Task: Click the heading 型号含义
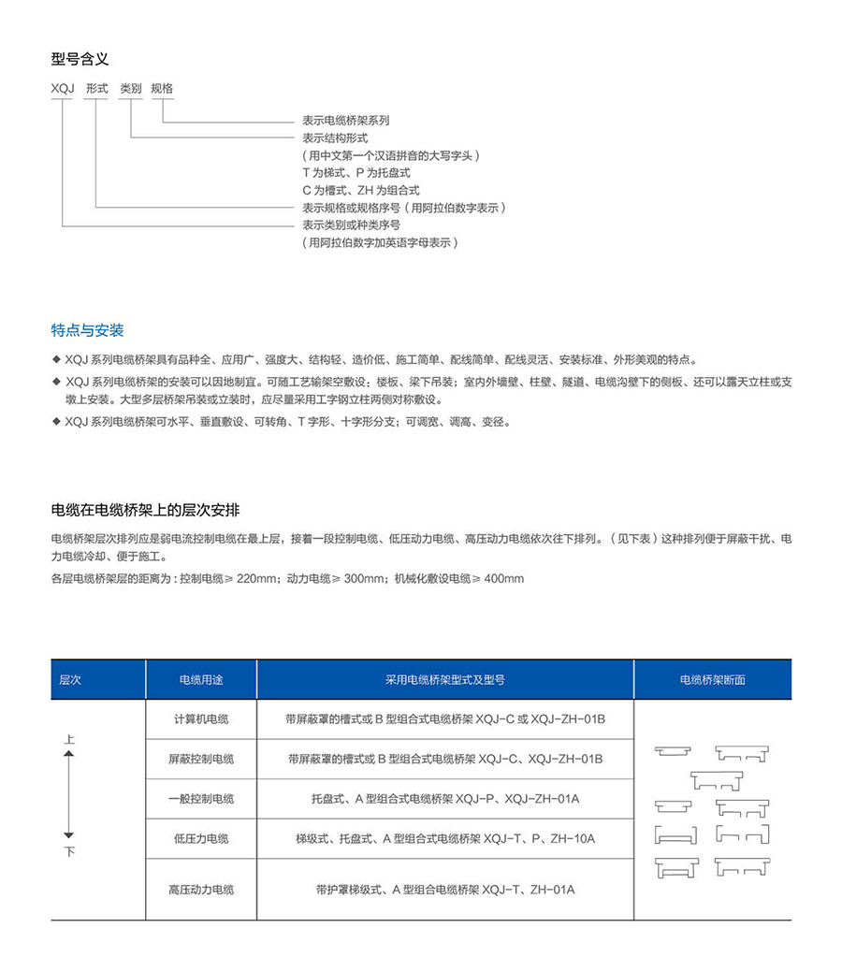[80, 59]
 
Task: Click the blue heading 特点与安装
[87, 330]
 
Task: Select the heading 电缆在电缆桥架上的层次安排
[145, 510]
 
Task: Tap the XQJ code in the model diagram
[63, 89]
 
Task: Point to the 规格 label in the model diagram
[162, 89]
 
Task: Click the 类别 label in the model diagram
[130, 89]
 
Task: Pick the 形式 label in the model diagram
[96, 89]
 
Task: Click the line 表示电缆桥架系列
[345, 121]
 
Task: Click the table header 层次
[70, 680]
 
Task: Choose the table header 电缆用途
[201, 680]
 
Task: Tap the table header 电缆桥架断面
[712, 680]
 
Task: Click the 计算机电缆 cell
[201, 719]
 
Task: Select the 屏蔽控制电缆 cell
[201, 759]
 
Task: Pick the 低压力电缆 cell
[201, 838]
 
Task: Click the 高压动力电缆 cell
[201, 889]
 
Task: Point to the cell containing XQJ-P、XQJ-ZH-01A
[445, 799]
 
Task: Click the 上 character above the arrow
[68, 739]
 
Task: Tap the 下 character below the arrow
[68, 851]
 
